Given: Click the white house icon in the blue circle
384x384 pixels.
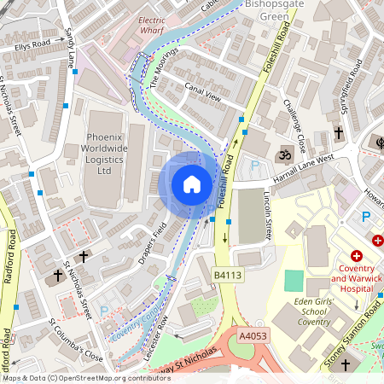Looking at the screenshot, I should pos(192,184).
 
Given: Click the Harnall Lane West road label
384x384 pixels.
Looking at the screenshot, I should pos(303,162).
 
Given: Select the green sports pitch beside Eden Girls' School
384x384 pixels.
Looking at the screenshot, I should pos(293,280).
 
